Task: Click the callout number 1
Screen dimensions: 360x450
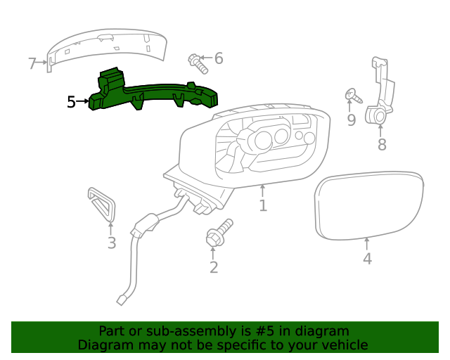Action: click(262, 206)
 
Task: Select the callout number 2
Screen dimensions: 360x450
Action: click(214, 267)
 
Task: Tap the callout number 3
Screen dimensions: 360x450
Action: click(112, 243)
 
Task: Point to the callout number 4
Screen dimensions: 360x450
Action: click(367, 259)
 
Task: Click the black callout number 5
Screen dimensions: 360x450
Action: click(71, 103)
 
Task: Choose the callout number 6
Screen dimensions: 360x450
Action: click(219, 58)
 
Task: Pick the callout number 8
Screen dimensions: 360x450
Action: click(382, 145)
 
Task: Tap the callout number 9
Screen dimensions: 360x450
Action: click(351, 120)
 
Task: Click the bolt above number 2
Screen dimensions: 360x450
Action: click(219, 233)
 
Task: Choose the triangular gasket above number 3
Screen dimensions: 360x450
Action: click(102, 203)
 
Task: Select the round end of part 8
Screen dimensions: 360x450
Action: click(378, 115)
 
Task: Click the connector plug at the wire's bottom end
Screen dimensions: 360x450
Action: click(122, 300)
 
